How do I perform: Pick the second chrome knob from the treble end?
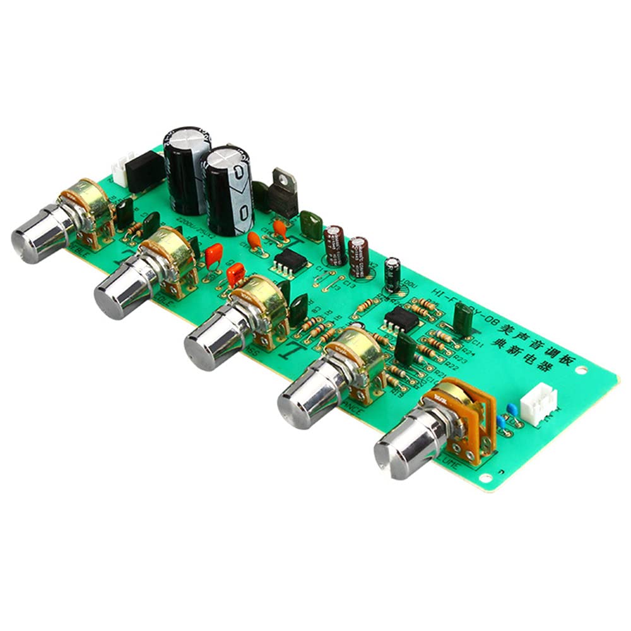click(x=122, y=288)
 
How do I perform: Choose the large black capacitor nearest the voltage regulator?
click(x=229, y=189)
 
